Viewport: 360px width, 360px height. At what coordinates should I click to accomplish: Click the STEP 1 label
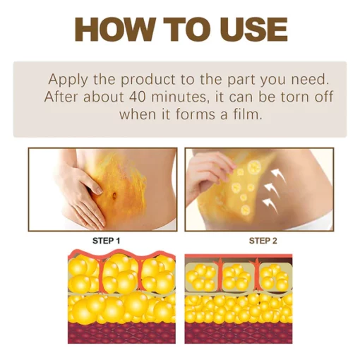[x=107, y=241]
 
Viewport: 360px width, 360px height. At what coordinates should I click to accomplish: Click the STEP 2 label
[x=263, y=241]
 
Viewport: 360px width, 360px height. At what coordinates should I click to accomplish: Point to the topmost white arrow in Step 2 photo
[x=277, y=172]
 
